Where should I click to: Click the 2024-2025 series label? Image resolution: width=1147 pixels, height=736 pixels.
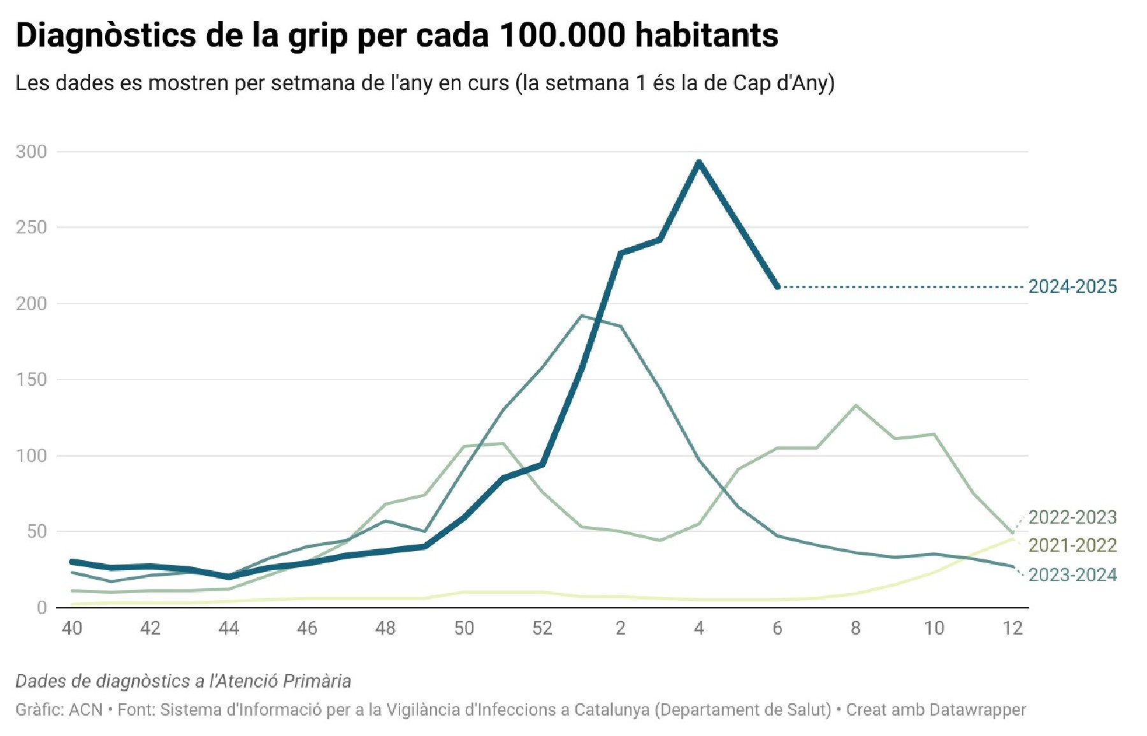1072,287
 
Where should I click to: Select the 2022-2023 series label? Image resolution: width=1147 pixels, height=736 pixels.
1072,517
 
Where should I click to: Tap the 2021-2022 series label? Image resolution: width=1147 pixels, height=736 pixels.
1072,545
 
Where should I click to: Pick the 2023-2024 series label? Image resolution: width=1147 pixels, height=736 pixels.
1072,575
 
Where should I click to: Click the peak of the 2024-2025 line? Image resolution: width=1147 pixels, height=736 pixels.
699,163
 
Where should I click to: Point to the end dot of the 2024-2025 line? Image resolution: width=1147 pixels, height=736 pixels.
777,287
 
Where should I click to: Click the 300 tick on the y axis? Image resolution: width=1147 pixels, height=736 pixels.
32,152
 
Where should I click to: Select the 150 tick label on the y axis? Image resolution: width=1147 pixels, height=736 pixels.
32,379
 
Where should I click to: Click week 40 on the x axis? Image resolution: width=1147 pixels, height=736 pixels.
72,628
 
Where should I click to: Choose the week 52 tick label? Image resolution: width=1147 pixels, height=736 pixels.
542,628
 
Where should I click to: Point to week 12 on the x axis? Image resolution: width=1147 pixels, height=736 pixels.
1013,628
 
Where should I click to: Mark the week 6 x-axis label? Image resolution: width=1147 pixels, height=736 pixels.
777,628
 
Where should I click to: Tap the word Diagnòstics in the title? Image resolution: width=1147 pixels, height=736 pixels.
106,35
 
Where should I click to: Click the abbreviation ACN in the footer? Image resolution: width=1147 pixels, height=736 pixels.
85,710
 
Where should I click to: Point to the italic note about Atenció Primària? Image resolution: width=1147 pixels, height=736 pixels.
183,681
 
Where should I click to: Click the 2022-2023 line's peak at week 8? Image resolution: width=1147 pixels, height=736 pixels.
856,406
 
